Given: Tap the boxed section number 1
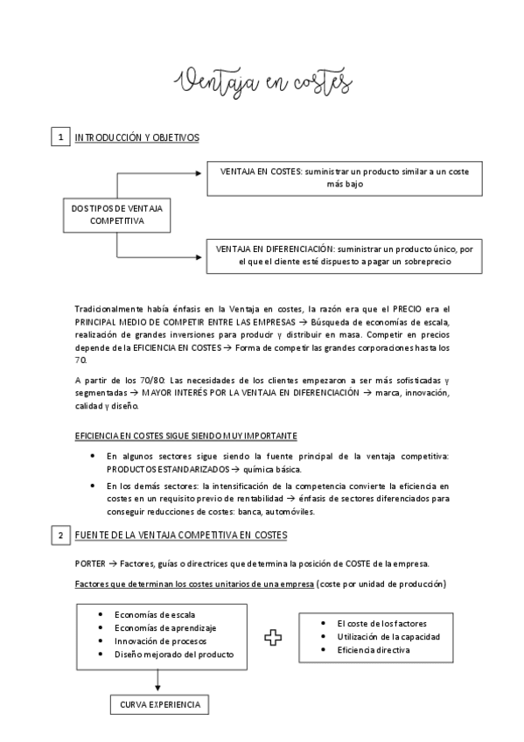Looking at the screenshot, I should click(x=60, y=137).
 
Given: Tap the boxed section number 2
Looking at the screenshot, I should click(x=60, y=535).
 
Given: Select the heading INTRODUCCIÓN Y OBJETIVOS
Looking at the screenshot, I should click(x=137, y=137).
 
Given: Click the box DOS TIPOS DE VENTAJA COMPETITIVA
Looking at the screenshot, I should click(x=116, y=215).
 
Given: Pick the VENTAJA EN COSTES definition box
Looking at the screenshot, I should click(x=344, y=178).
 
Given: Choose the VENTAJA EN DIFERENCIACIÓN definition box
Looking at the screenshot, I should click(x=344, y=255).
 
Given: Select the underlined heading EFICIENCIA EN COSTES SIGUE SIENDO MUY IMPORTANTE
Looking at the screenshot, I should click(x=185, y=435).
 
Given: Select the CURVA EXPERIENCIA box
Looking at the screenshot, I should click(x=158, y=703).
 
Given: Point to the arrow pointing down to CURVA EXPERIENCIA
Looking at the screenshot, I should click(x=157, y=685).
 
